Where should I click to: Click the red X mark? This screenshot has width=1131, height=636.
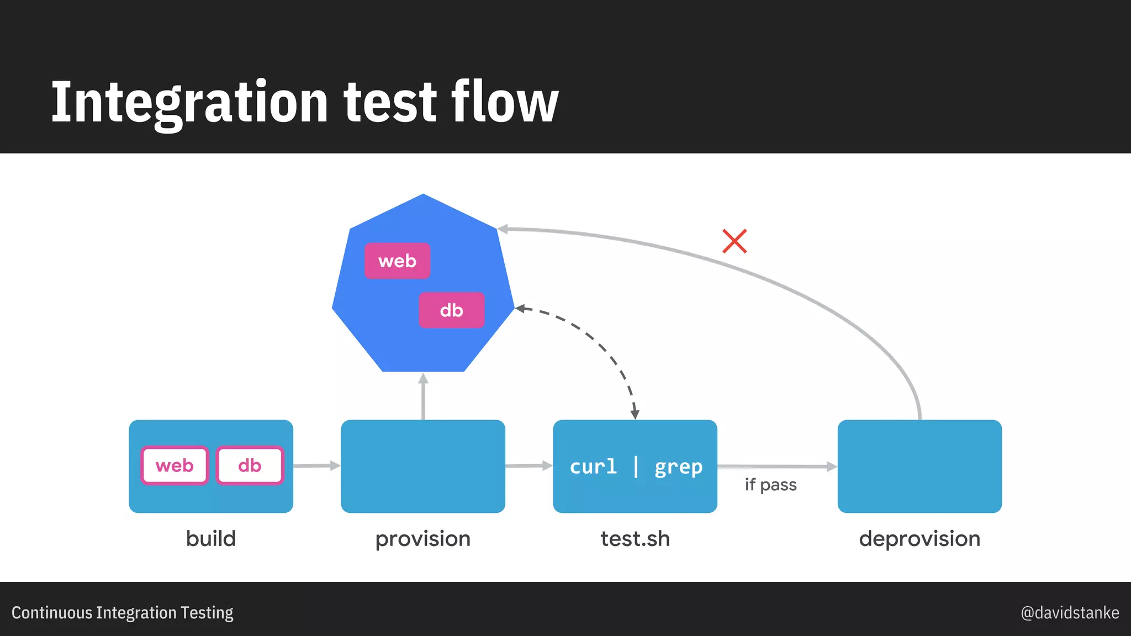734,241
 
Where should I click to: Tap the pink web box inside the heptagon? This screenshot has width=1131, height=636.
397,261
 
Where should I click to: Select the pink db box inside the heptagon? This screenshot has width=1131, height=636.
451,310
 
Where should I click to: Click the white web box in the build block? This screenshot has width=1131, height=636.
175,465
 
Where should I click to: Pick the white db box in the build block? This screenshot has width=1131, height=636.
250,465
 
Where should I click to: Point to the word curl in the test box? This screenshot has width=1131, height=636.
593,467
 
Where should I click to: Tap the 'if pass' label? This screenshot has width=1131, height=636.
770,485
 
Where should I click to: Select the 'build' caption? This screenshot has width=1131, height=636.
211,538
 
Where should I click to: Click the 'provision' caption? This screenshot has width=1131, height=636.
423,539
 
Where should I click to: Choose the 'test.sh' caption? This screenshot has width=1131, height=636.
635,538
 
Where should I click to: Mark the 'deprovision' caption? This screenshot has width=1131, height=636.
919,538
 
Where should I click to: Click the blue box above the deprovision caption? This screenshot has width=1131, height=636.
919,467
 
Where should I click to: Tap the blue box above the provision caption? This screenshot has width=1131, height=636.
423,467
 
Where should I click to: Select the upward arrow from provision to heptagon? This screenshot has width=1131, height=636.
423,396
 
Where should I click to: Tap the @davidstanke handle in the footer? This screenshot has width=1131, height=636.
1070,613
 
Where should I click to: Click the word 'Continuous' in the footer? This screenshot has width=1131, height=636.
52,613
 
